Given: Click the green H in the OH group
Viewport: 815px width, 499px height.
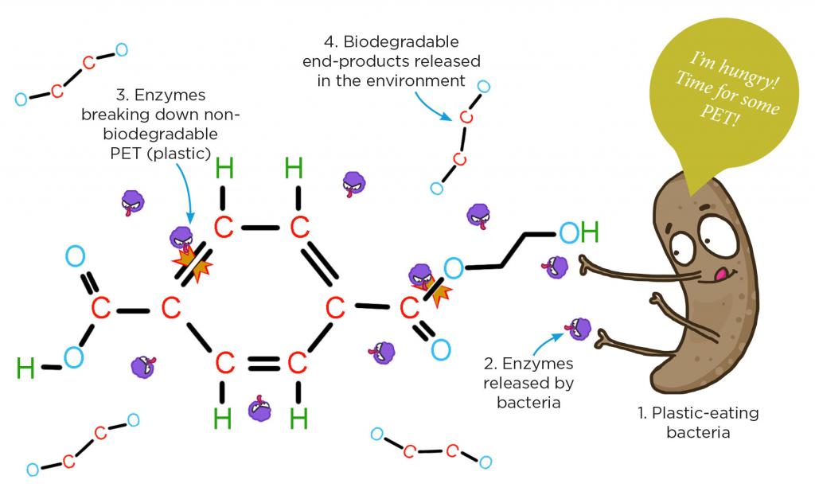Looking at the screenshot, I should (x=589, y=233).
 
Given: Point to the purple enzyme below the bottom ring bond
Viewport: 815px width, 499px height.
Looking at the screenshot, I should (x=259, y=411).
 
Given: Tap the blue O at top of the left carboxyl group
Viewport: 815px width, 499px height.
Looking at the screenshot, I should (x=75, y=256).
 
